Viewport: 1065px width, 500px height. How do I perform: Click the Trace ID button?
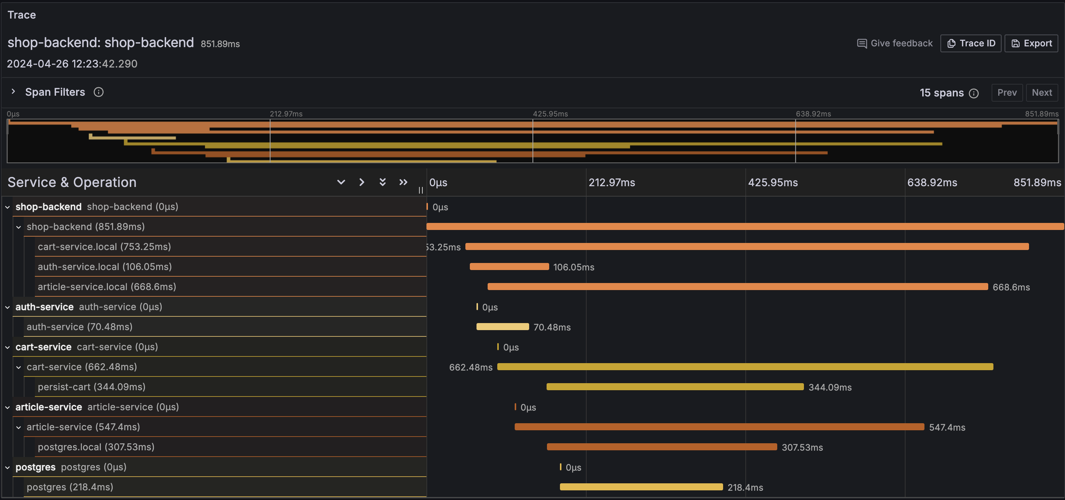coord(970,43)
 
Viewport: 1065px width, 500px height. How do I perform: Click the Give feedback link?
coord(895,43)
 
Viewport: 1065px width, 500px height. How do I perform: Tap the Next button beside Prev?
coord(1041,93)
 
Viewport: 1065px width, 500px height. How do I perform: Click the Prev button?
coord(1007,93)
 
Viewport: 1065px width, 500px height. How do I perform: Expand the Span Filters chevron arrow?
coord(13,92)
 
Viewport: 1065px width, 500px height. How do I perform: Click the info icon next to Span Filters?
coord(98,92)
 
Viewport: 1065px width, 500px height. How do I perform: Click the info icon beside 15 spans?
coord(974,93)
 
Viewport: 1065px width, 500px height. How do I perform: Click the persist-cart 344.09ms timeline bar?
coord(675,386)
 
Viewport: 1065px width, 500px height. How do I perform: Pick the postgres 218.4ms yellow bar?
coord(641,487)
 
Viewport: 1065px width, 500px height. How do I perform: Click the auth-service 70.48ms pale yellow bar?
coord(502,327)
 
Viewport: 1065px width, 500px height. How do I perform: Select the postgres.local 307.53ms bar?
coord(662,447)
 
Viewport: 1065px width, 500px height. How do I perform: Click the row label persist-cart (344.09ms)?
coord(91,386)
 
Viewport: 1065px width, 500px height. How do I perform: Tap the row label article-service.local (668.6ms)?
coord(107,287)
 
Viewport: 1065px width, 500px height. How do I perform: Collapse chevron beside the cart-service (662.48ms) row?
coord(19,367)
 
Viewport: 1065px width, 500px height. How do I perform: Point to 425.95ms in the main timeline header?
coord(773,182)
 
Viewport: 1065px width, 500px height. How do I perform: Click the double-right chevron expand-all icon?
coord(403,182)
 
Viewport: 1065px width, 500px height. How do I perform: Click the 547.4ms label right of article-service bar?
coord(947,427)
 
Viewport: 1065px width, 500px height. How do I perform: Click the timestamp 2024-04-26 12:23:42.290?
coord(72,64)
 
